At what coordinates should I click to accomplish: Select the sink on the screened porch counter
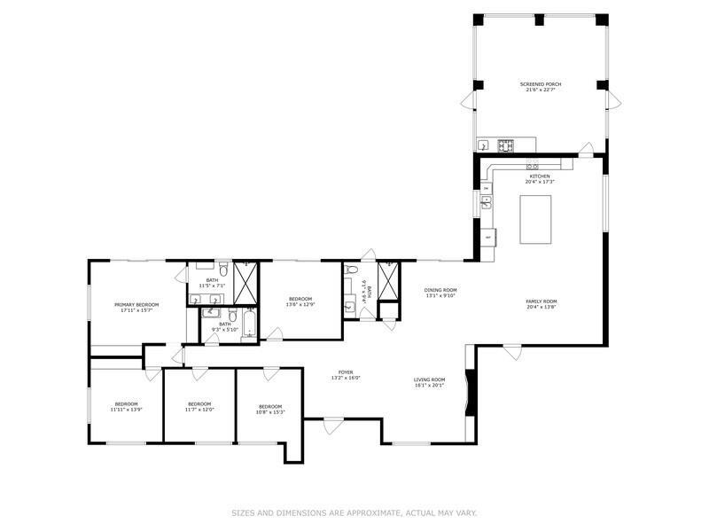click(483, 145)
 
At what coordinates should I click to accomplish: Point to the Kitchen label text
click(540, 176)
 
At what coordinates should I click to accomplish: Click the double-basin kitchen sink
click(486, 202)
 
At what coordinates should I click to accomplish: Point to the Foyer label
click(345, 372)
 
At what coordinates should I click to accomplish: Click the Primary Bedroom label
click(136, 304)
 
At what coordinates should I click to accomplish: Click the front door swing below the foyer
click(333, 427)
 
